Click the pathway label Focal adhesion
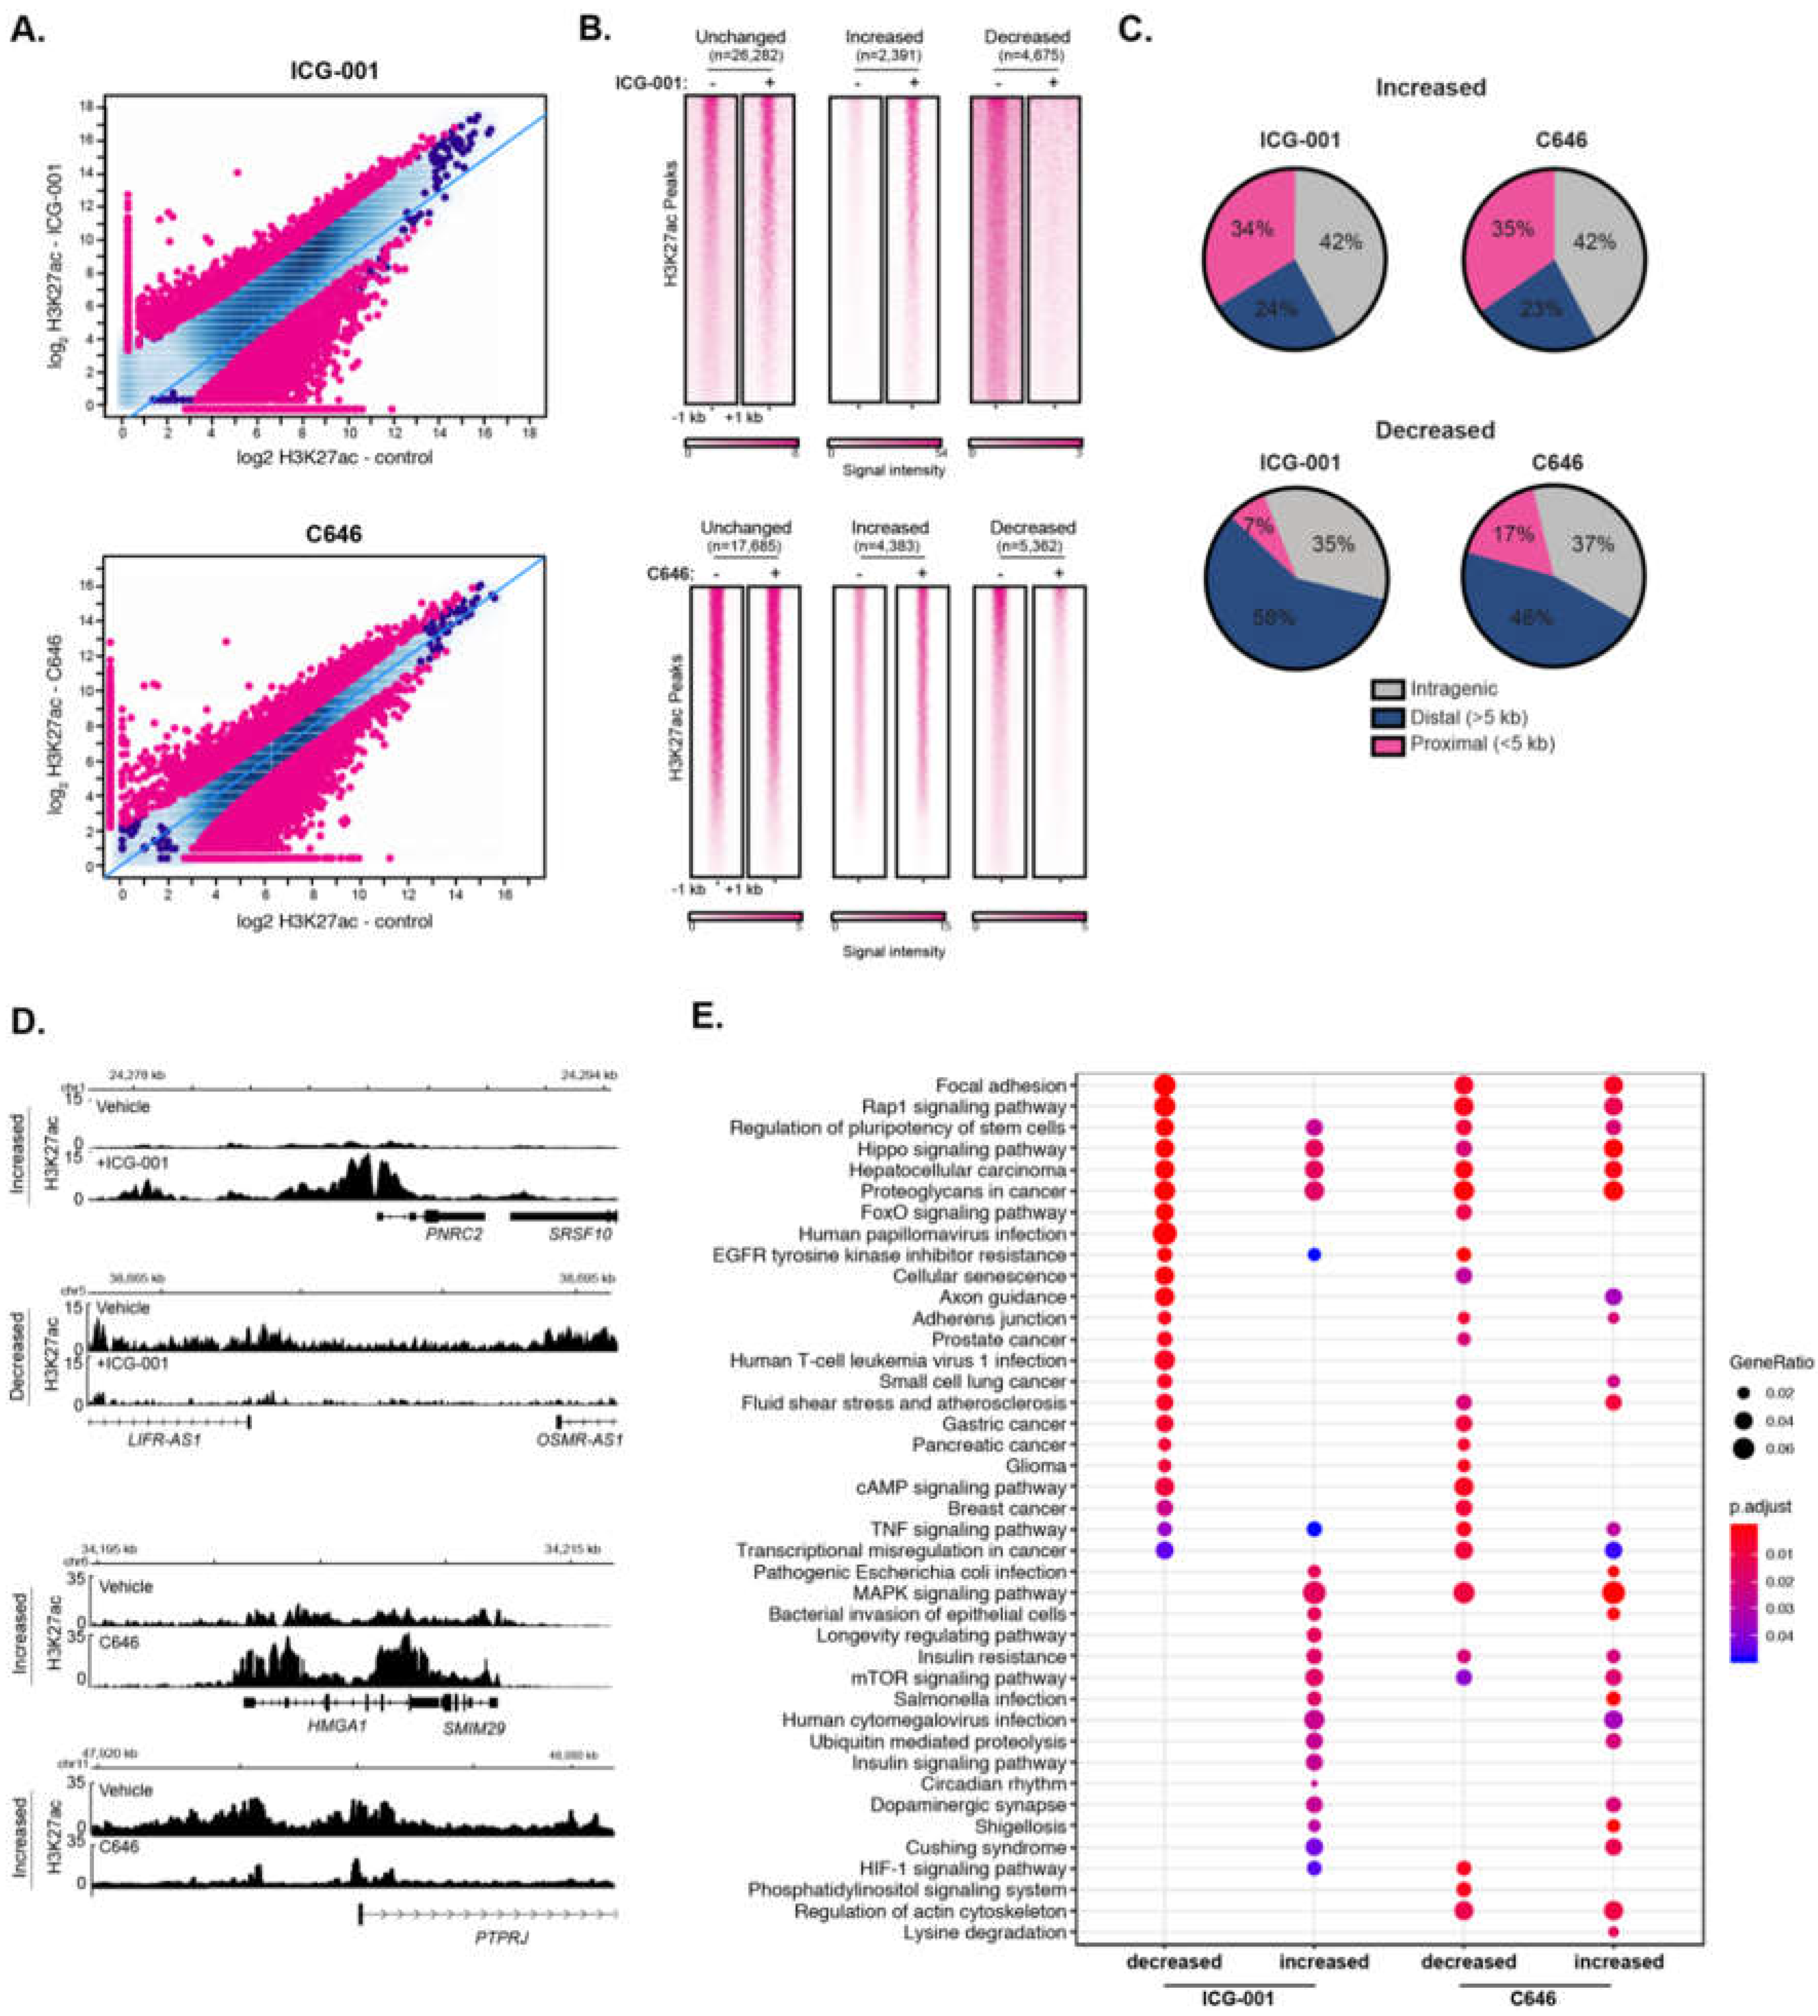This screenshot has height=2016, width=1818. (x=1001, y=1085)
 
